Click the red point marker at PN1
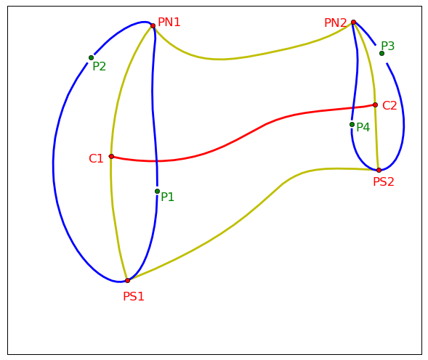pos(153,25)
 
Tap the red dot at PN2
pos(353,22)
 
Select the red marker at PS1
pos(127,280)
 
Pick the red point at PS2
pos(379,170)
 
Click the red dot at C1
pos(111,156)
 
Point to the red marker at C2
pos(376,105)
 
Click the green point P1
pos(157,191)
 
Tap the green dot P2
pos(91,57)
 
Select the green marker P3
pos(382,53)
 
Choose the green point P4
pos(352,124)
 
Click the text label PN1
pos(169,22)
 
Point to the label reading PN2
pos(336,22)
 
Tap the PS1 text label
pos(134,296)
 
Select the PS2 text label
pos(384,182)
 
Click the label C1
pos(96,159)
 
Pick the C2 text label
pos(389,105)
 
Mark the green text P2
pos(99,66)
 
